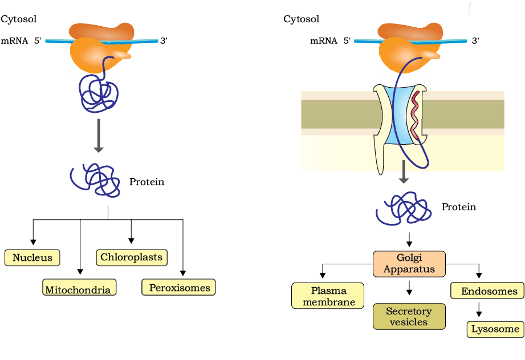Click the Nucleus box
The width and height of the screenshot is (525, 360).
(x=32, y=257)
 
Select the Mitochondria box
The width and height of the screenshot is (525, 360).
(x=79, y=288)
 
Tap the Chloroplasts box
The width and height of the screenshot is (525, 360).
(x=132, y=257)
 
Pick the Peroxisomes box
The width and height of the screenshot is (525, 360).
(x=178, y=287)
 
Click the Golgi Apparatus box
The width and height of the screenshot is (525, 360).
(x=409, y=264)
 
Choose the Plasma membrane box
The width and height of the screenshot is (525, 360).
(x=328, y=296)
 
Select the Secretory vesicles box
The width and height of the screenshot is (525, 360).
(x=409, y=317)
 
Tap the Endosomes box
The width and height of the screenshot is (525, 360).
(x=487, y=291)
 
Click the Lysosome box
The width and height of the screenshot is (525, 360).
(x=495, y=330)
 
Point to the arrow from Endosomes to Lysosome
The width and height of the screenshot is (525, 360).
(x=479, y=309)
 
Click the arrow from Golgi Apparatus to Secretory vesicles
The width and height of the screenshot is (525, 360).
(x=409, y=288)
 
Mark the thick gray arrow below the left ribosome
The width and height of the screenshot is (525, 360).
(x=99, y=136)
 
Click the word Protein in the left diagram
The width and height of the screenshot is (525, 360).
(x=146, y=182)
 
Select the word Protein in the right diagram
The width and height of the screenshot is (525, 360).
(x=459, y=207)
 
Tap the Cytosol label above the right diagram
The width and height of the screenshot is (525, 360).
(x=302, y=19)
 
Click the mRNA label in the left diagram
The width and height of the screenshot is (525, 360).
(x=14, y=41)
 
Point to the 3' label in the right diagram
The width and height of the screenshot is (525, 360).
(x=475, y=40)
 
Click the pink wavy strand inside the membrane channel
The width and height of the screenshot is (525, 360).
(x=415, y=114)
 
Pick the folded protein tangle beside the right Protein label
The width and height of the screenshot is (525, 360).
(x=404, y=208)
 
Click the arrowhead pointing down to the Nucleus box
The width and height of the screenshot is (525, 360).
(x=33, y=242)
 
